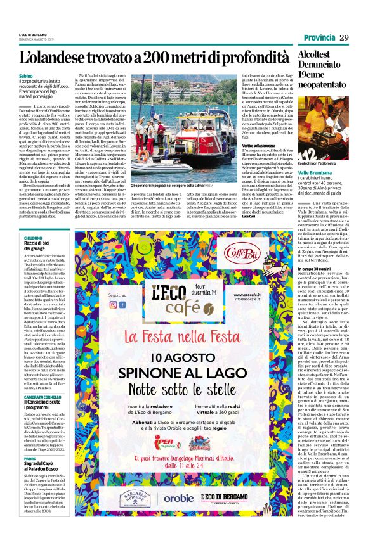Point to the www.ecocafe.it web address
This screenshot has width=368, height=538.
[x=250, y=294]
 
